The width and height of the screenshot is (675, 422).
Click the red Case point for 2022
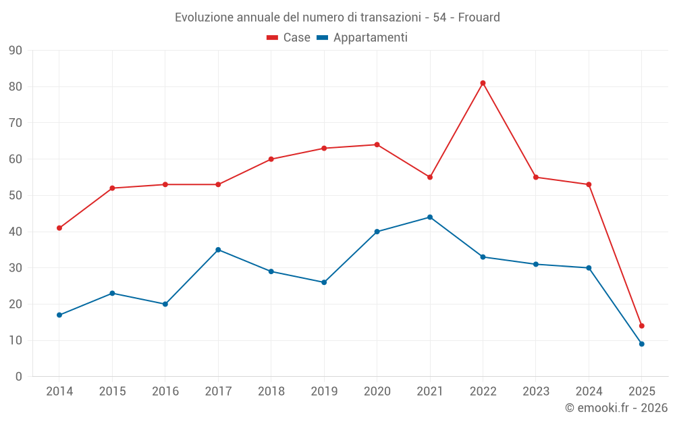coord(483,83)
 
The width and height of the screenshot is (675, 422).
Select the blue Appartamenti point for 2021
coord(430,217)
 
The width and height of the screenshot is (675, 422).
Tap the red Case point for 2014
coord(59,228)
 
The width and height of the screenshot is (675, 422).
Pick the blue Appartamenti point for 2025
coord(642,344)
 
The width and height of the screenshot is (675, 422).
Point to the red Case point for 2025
coord(642,326)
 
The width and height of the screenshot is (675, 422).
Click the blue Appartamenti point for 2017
coord(218,250)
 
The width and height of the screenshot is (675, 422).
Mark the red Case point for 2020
coord(377,144)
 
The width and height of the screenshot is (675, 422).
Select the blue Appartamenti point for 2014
coord(59,315)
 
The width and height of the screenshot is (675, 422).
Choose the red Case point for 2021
coord(430,177)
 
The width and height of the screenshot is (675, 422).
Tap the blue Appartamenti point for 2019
coord(324,282)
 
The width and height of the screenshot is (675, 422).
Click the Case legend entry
coord(289,38)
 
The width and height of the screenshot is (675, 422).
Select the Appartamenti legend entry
coord(362,38)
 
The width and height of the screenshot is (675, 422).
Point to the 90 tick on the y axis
coord(16,51)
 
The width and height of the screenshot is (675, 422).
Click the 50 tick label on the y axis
coord(16,196)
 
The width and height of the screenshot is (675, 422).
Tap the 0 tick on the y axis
coord(19,377)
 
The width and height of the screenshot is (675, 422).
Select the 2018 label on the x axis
coord(271,392)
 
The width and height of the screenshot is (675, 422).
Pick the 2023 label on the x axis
coord(536,392)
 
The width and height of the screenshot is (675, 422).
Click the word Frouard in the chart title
coord(479,18)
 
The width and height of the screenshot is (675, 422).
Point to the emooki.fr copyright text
coord(616,408)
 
